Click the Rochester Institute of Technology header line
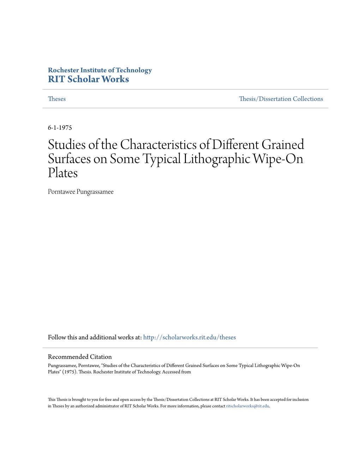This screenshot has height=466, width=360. tap(100, 70)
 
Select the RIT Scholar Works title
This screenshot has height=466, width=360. tap(88, 79)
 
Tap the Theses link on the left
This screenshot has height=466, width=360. tap(57, 99)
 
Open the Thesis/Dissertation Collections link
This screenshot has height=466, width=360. tap(281, 99)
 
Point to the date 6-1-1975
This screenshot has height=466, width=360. tap(60, 127)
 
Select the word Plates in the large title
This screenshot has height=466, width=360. tap(63, 173)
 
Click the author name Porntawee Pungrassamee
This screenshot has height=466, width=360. tap(80, 192)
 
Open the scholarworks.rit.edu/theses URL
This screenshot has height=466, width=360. tap(189, 337)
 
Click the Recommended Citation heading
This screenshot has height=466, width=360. tap(80, 357)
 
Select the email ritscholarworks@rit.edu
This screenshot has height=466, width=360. tap(247, 406)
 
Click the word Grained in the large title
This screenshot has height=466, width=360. tap(283, 145)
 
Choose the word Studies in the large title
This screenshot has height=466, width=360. tap(67, 145)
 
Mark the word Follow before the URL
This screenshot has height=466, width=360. tap(57, 337)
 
